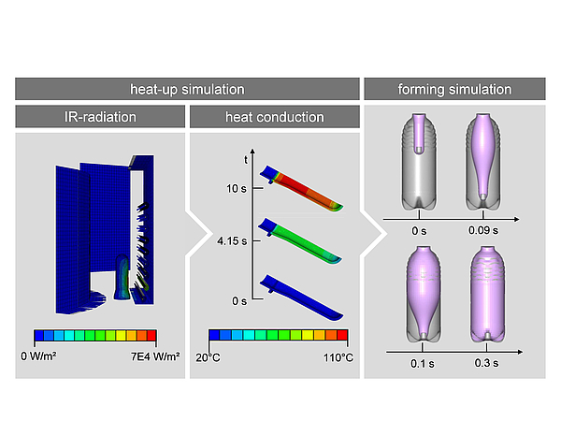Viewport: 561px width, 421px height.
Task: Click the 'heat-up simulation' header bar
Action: click(187, 90)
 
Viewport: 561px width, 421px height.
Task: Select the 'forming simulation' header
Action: click(454, 90)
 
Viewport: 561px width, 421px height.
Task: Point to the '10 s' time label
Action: click(236, 188)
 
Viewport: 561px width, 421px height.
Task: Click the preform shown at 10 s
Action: click(303, 190)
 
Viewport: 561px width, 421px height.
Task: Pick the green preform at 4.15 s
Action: click(303, 242)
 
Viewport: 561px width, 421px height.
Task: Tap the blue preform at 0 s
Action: click(303, 297)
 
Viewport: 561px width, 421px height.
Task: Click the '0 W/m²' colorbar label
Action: click(54, 356)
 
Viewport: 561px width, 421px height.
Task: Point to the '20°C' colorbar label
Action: click(222, 356)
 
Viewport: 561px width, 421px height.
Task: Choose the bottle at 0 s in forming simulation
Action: click(417, 162)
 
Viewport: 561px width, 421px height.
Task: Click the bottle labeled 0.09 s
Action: click(482, 162)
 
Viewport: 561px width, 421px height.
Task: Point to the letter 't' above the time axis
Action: click(246, 160)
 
